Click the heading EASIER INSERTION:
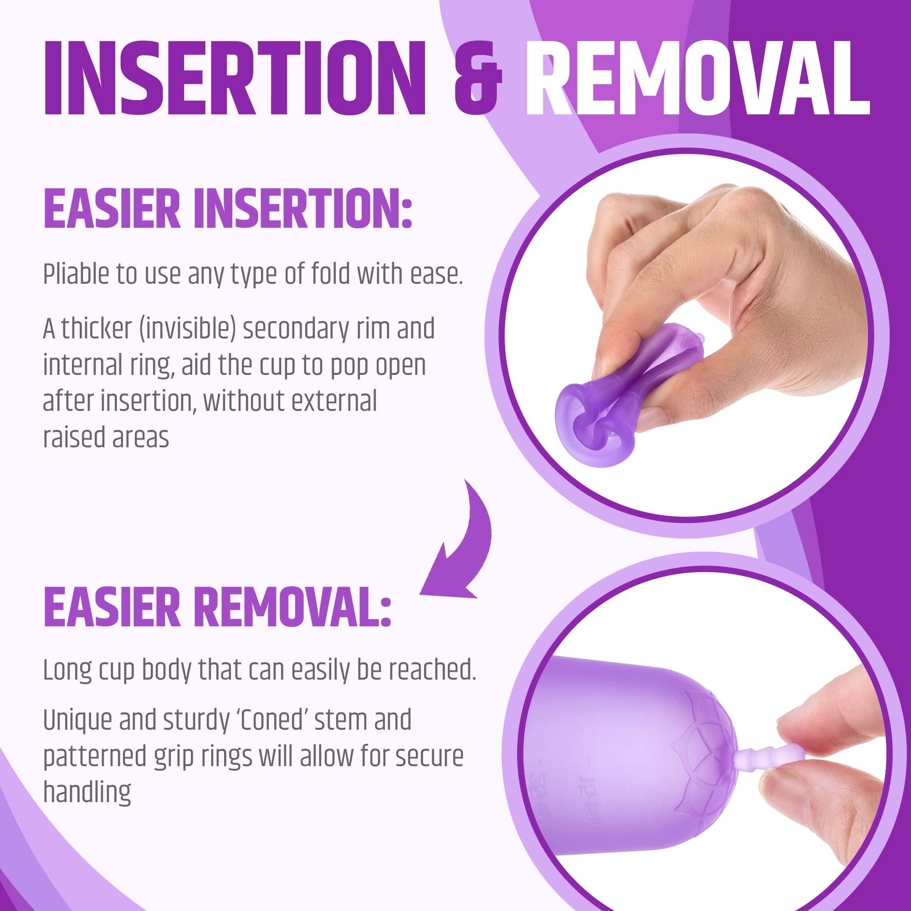click(228, 210)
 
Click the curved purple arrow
click(460, 542)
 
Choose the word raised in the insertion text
click(71, 438)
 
